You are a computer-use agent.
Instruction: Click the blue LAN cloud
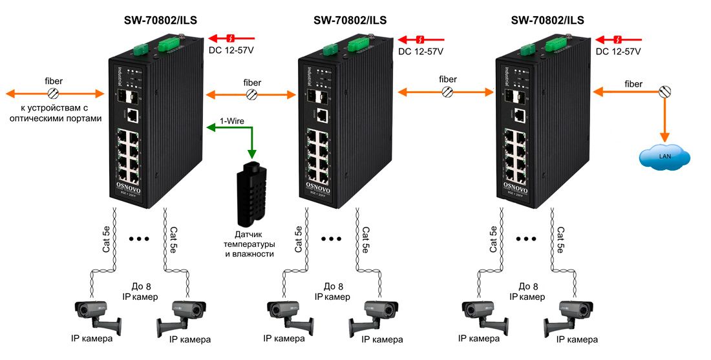tap(665, 156)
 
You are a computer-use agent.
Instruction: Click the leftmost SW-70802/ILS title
tap(160, 20)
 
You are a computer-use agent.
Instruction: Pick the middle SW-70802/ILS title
tap(350, 20)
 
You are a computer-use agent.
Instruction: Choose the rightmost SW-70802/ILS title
tap(547, 20)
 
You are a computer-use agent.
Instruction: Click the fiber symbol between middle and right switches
tap(447, 92)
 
